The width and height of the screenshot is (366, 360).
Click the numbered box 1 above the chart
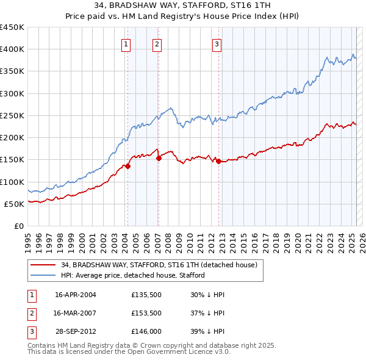[125, 43]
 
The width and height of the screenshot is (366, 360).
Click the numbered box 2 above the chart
[157, 43]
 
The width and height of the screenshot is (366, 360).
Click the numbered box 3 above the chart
[217, 43]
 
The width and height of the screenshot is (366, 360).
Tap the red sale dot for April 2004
[128, 165]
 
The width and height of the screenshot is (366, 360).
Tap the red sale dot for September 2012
[218, 161]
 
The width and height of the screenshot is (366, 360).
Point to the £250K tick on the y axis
[13, 115]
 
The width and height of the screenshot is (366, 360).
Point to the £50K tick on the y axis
[16, 204]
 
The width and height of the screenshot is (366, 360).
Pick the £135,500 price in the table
[145, 295]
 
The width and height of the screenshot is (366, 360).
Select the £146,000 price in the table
[145, 331]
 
